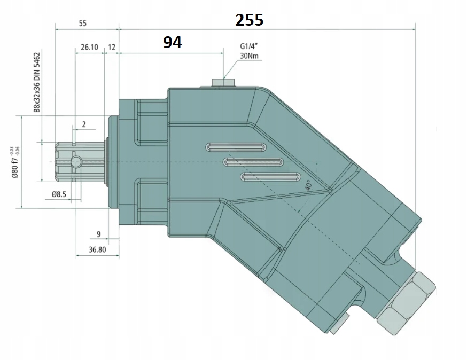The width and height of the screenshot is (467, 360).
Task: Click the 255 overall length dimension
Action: tap(250, 20)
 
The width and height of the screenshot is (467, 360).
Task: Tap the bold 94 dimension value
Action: tap(173, 43)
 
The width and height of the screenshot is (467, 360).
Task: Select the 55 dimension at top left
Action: tap(83, 24)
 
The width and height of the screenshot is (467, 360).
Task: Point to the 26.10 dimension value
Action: tap(89, 47)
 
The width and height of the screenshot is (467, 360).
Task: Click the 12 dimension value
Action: tap(112, 47)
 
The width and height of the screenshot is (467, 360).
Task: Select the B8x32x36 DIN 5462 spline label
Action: tap(37, 82)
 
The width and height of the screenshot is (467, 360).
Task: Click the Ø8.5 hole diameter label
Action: tap(59, 194)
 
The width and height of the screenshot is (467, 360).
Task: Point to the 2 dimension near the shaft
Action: tap(84, 124)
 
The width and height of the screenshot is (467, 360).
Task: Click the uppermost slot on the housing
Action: tap(237, 147)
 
